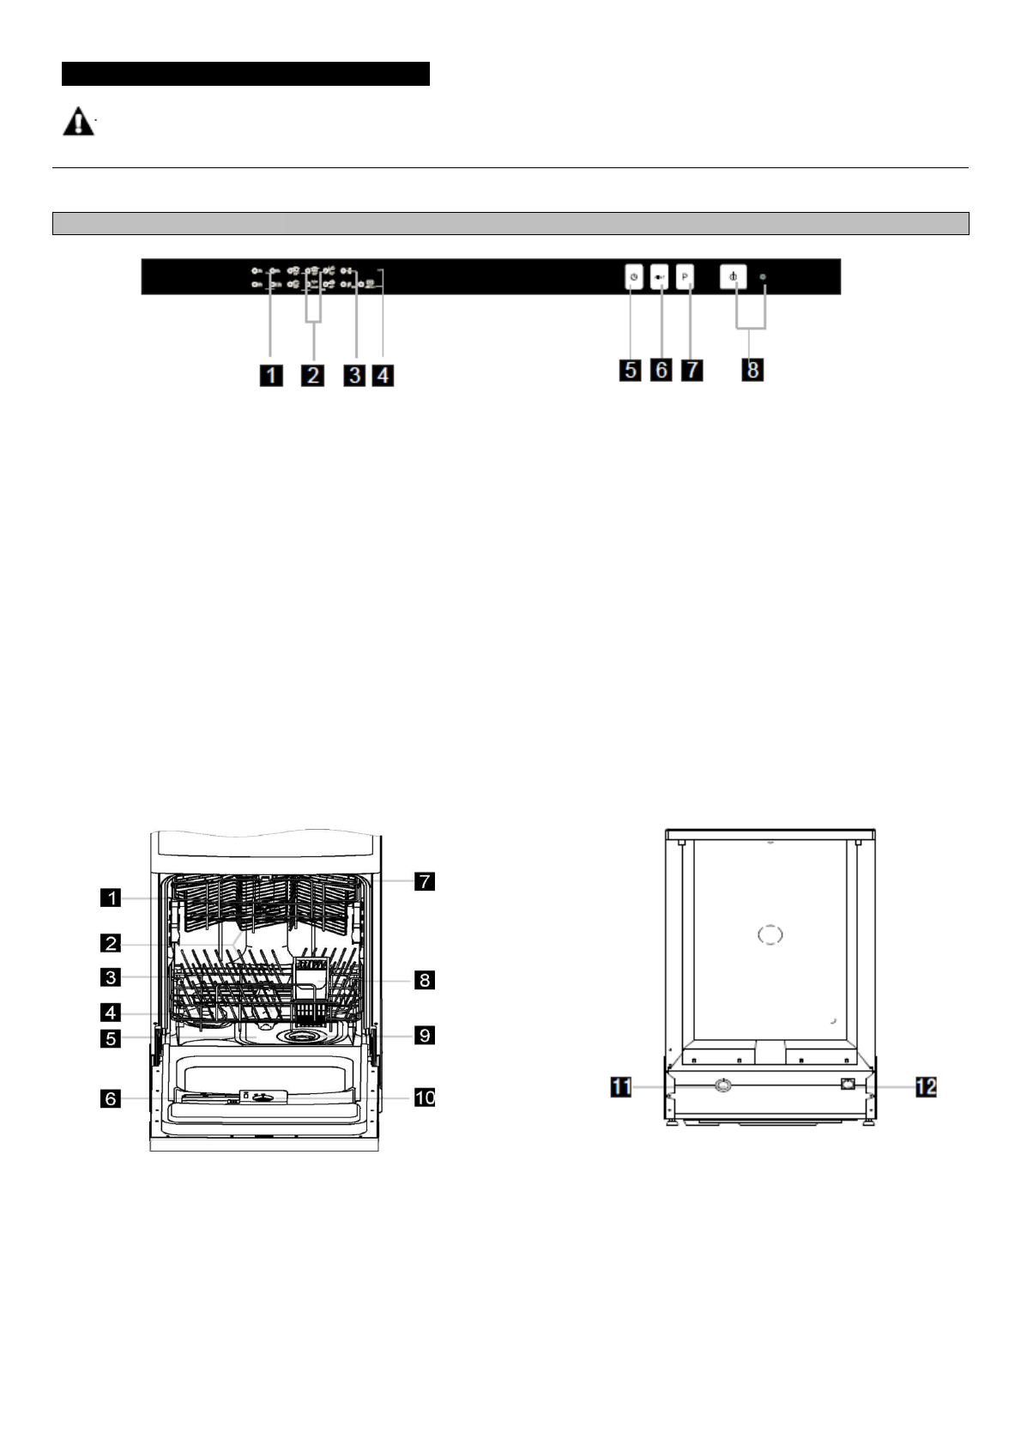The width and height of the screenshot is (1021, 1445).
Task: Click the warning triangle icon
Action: (x=78, y=122)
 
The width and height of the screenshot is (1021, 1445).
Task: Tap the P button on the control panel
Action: (x=685, y=277)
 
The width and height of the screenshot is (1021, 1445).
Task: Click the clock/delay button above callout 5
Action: (x=632, y=277)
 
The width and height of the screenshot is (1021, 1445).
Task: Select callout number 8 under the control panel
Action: (x=752, y=370)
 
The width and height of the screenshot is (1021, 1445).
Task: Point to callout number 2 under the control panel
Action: (x=312, y=375)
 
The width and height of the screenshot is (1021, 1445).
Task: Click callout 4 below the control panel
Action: (x=383, y=375)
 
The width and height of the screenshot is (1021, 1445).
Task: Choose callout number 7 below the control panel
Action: (x=692, y=370)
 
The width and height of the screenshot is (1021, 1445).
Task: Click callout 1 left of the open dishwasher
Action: (x=110, y=898)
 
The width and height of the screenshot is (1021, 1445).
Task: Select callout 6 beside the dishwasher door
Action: (x=110, y=1098)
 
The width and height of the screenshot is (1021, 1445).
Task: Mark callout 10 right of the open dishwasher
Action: (x=425, y=1097)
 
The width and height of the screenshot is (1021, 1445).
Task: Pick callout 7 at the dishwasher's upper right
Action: (x=425, y=881)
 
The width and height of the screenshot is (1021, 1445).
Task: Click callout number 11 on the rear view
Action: (x=620, y=1087)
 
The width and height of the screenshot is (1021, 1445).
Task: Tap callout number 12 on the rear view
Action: (x=926, y=1087)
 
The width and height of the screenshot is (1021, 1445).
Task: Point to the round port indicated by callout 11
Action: (x=723, y=1085)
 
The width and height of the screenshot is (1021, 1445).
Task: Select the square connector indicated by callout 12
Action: (x=849, y=1083)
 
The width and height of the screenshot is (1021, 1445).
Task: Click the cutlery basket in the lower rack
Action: (x=313, y=991)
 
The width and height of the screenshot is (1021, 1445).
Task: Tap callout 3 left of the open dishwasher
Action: (x=110, y=976)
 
